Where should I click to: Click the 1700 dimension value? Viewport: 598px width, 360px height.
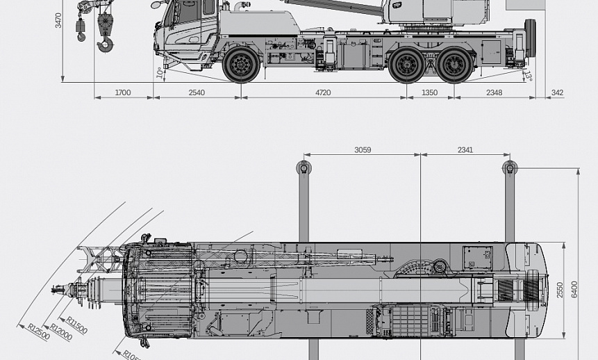click(x=122, y=92)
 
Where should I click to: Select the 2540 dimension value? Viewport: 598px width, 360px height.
click(x=197, y=92)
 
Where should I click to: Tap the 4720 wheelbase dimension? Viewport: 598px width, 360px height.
click(x=323, y=92)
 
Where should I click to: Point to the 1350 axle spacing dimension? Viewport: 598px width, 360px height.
click(x=430, y=92)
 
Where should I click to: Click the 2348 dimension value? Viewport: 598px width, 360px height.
click(x=494, y=92)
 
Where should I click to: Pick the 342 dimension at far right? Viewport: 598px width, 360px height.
click(x=557, y=92)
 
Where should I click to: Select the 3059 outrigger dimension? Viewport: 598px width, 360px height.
click(x=362, y=149)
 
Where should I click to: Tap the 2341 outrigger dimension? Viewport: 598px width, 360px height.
click(x=465, y=149)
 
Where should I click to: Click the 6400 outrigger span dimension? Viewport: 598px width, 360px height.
click(x=574, y=290)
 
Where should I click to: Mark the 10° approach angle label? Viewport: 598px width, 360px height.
click(x=160, y=72)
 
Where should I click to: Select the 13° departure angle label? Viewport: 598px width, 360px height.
click(x=528, y=75)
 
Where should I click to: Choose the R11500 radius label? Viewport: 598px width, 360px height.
click(x=77, y=325)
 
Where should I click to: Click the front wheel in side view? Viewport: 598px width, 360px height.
click(x=241, y=65)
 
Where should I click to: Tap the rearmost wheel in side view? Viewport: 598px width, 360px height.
click(x=456, y=65)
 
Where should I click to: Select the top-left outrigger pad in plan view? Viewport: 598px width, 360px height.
click(x=304, y=167)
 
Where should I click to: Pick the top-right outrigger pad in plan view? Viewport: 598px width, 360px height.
click(x=510, y=167)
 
